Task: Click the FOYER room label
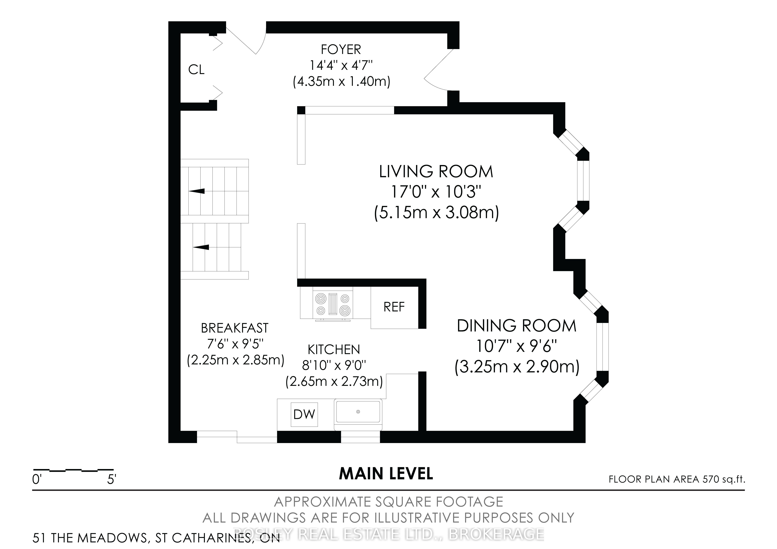341,50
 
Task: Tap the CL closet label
196,70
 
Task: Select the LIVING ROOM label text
436,172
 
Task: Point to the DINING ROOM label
516,326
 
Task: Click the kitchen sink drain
358,412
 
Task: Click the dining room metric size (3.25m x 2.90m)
517,367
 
